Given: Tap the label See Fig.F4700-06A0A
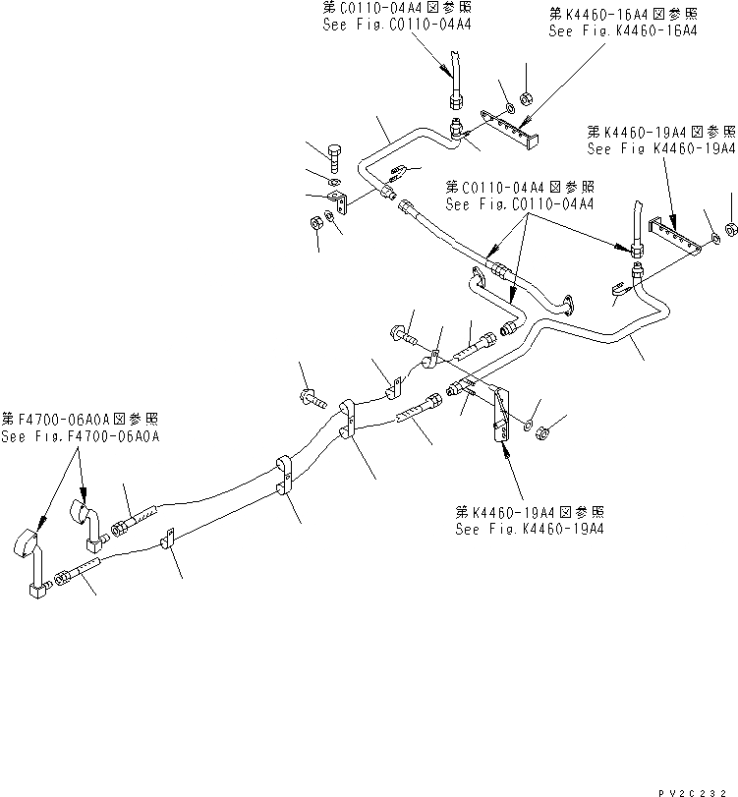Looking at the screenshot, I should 81,436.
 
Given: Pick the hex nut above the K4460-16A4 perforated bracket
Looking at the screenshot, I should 526,99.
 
